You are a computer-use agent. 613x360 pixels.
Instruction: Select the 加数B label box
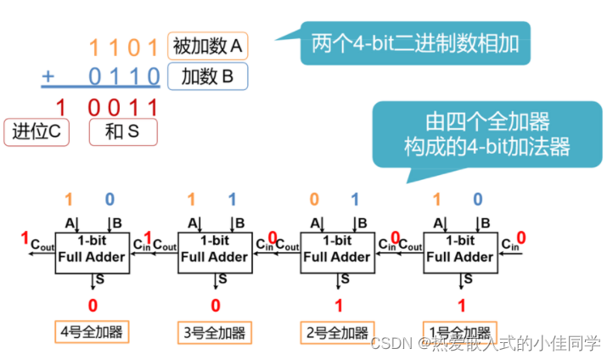coord(209,77)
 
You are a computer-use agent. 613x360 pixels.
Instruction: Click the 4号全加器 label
coord(93,331)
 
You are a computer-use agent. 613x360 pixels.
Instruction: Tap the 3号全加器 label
coord(216,331)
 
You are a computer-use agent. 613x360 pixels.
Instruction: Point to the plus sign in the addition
coord(48,77)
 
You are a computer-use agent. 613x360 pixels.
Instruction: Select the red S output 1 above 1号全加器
coord(461,305)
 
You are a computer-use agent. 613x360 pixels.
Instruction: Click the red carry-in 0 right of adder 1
coord(520,238)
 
